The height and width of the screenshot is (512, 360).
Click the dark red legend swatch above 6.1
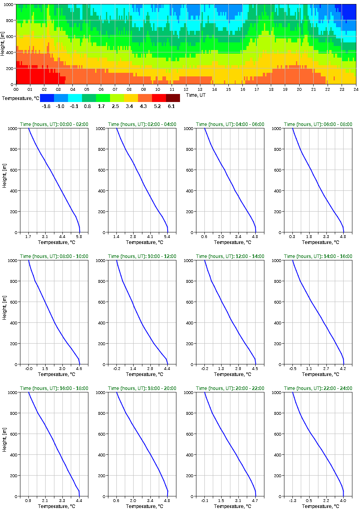coord(173,98)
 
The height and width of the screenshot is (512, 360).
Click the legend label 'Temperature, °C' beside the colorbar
coord(20,98)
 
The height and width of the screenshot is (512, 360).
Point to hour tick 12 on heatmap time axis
coord(186,89)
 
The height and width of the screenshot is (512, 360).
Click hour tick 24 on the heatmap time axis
coord(355,89)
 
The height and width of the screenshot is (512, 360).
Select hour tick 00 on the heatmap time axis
coord(16,89)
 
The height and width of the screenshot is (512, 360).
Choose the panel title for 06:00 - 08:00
coord(318,124)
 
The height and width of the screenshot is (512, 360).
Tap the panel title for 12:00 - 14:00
coord(230,256)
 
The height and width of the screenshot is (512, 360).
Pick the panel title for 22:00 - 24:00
coord(318,388)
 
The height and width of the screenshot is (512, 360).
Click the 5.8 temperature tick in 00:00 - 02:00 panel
coord(79,237)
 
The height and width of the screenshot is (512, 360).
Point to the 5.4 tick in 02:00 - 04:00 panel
coord(167,237)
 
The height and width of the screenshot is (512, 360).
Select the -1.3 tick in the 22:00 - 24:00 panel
coord(293,501)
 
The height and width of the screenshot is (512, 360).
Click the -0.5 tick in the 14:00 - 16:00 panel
coord(293,369)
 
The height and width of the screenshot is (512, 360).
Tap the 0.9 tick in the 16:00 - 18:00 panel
coord(28,501)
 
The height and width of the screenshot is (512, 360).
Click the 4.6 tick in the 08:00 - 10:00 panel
coord(79,369)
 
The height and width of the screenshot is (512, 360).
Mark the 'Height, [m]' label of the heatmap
coord(3,44)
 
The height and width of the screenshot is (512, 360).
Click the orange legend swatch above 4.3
coord(145,98)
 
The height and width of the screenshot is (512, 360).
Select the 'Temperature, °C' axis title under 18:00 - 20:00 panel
coord(142,506)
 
